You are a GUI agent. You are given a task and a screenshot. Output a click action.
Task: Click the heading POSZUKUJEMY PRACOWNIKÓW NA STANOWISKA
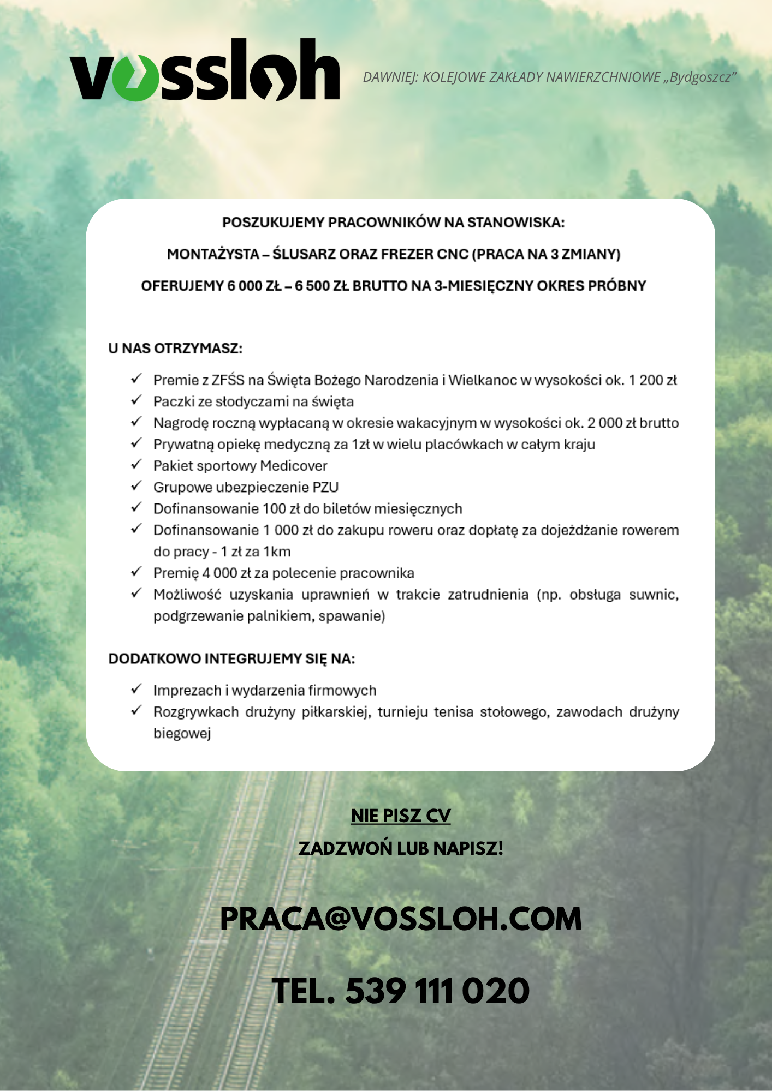tap(393, 223)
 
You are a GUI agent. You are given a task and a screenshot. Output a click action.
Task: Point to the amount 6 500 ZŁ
tap(322, 286)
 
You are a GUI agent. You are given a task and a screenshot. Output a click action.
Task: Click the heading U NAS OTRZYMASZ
tap(175, 349)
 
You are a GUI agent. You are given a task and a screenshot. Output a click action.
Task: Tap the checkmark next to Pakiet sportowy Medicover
tap(136, 465)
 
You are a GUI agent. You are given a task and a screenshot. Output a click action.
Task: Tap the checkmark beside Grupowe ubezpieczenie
tap(136, 486)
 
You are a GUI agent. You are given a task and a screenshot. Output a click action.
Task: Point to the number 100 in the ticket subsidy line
tap(274, 509)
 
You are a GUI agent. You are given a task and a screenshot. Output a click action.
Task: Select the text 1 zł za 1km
tap(256, 552)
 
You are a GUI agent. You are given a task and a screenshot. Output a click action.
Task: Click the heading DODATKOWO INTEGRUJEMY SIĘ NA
tap(231, 659)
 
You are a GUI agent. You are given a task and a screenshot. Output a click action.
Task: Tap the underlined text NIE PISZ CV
tap(401, 816)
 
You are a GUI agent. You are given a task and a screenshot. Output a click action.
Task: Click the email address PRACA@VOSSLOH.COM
tap(401, 919)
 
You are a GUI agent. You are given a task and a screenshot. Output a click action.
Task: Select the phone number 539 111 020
tap(437, 991)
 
